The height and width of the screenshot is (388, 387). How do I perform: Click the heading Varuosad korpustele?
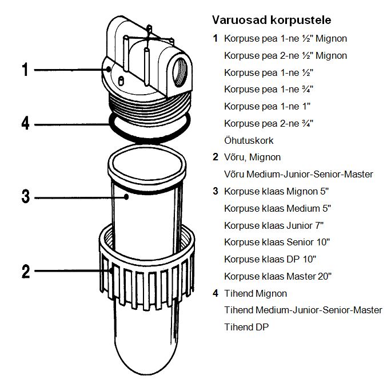[272, 21]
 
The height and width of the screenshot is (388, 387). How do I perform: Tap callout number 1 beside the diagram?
[25, 70]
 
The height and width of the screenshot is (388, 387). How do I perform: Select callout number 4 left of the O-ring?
[25, 123]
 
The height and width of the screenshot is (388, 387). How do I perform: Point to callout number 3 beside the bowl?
[25, 197]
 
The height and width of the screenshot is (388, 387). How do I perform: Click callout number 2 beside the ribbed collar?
[25, 272]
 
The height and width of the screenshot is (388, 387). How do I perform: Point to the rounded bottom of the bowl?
[147, 354]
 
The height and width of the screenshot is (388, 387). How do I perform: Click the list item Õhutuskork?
[249, 140]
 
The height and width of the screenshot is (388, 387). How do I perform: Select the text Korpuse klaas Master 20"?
[278, 276]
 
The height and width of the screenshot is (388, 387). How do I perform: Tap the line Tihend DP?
[246, 327]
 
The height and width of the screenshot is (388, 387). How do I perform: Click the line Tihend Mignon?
[256, 293]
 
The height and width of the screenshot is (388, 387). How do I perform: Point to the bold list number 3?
[215, 191]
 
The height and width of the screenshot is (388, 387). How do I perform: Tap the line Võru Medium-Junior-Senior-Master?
[298, 174]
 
